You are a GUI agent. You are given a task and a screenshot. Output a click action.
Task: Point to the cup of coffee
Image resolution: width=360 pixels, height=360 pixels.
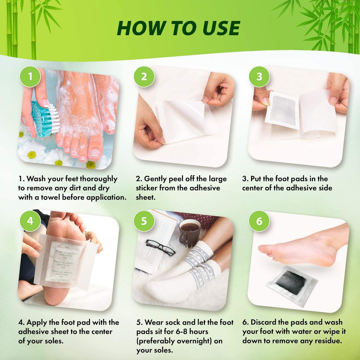tap(190, 232)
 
